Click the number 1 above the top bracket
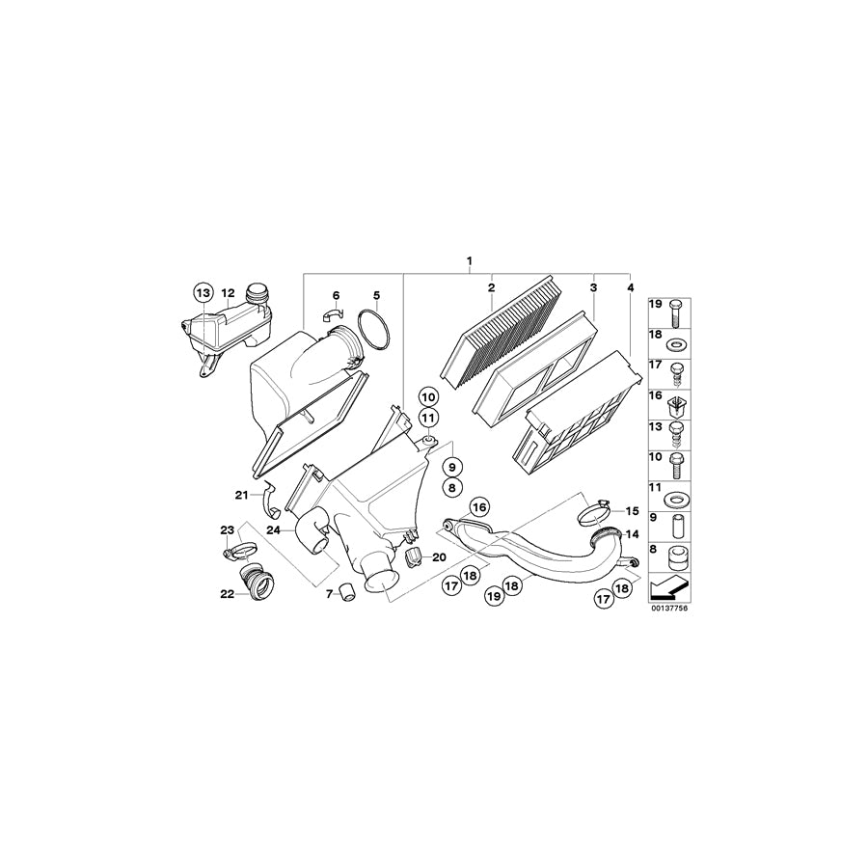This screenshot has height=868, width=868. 470,261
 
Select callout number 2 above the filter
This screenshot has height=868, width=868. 491,288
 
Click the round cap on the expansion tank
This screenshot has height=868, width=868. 258,293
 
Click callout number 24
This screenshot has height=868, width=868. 274,529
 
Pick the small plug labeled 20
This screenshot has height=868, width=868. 417,557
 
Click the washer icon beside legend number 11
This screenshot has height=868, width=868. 675,499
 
